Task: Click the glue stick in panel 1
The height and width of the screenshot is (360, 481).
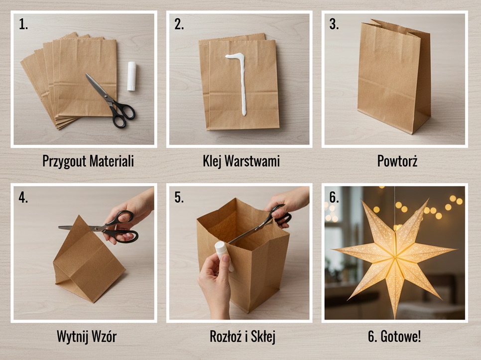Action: pyautogui.click(x=131, y=76)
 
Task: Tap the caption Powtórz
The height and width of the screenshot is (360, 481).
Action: pyautogui.click(x=397, y=161)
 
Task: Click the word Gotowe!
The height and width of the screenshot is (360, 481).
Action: pyautogui.click(x=401, y=337)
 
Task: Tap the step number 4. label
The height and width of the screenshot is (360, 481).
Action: pyautogui.click(x=23, y=198)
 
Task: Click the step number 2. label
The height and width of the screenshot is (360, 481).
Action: pyautogui.click(x=179, y=24)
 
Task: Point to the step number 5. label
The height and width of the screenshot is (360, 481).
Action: pyautogui.click(x=179, y=198)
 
